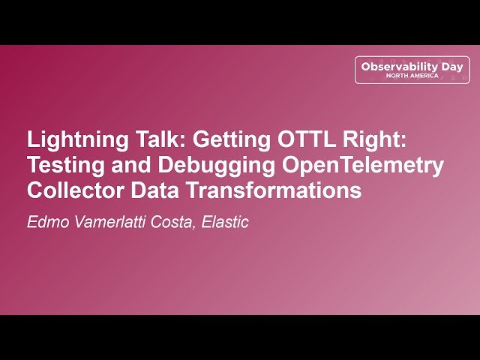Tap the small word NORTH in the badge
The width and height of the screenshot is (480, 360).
[x=398, y=76]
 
